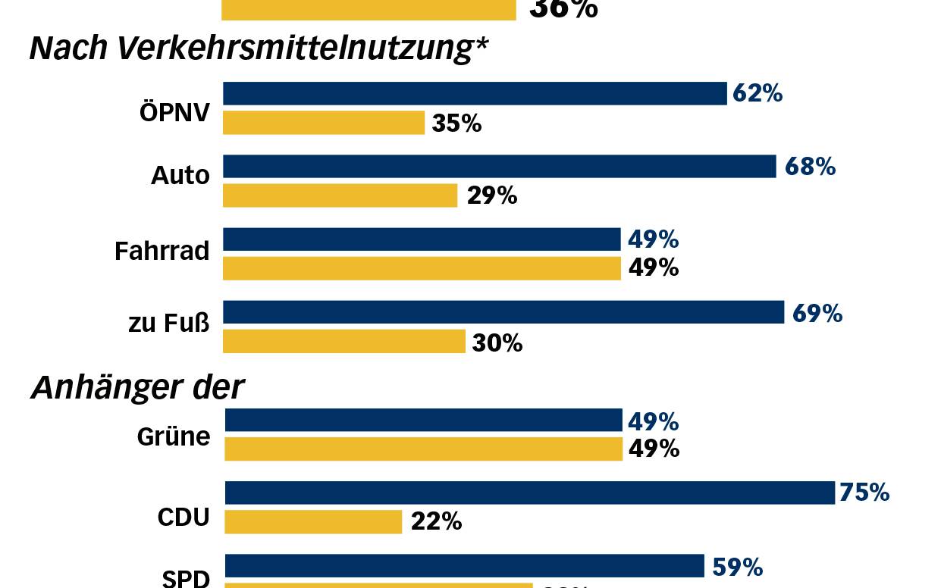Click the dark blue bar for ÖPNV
(x=475, y=93)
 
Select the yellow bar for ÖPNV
(x=324, y=123)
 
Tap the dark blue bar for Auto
(x=499, y=167)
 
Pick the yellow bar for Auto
(x=340, y=195)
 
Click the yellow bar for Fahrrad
(x=422, y=268)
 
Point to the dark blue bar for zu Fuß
(x=503, y=312)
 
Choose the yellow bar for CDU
(x=313, y=521)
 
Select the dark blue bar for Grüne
(x=423, y=420)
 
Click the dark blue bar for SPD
(x=464, y=566)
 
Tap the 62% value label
(x=758, y=93)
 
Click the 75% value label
(x=864, y=493)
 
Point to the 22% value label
(x=436, y=521)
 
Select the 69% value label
(x=817, y=313)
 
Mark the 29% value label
(x=491, y=195)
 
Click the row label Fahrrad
(x=162, y=251)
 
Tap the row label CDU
(x=183, y=518)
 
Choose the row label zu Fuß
(x=168, y=324)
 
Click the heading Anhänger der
(x=137, y=388)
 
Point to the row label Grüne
(x=173, y=437)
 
